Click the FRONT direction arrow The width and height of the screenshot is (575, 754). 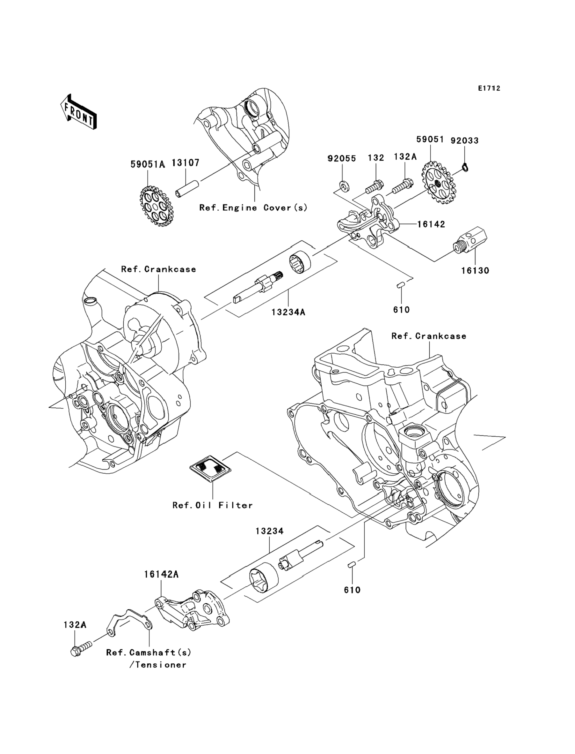pos(78,112)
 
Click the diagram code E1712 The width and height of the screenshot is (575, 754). pos(489,88)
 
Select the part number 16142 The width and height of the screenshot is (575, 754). pos(431,224)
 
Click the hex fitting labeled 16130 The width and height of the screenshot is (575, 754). pos(470,241)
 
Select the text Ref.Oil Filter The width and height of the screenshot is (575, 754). pos(213,505)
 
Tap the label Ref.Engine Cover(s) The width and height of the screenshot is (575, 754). pos(254,208)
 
